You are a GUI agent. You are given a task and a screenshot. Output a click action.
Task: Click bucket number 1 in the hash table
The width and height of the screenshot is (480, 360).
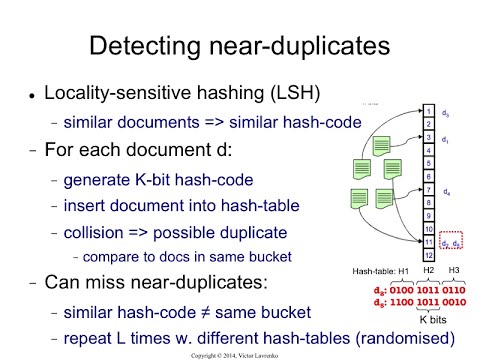429,112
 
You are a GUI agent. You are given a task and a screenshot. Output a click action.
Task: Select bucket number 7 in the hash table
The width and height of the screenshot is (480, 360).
429,189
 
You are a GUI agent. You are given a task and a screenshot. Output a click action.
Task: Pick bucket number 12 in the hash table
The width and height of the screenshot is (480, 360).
429,255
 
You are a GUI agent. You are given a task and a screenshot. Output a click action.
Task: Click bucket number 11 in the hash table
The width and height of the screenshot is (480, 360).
429,241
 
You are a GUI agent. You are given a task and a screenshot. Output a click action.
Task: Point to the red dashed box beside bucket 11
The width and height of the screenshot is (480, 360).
452,242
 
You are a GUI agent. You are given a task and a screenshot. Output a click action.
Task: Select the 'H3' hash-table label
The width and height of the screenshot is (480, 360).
456,272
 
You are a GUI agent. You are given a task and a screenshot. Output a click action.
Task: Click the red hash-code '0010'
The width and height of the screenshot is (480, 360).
456,301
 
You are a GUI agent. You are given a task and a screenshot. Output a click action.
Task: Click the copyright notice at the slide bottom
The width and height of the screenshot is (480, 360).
240,354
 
